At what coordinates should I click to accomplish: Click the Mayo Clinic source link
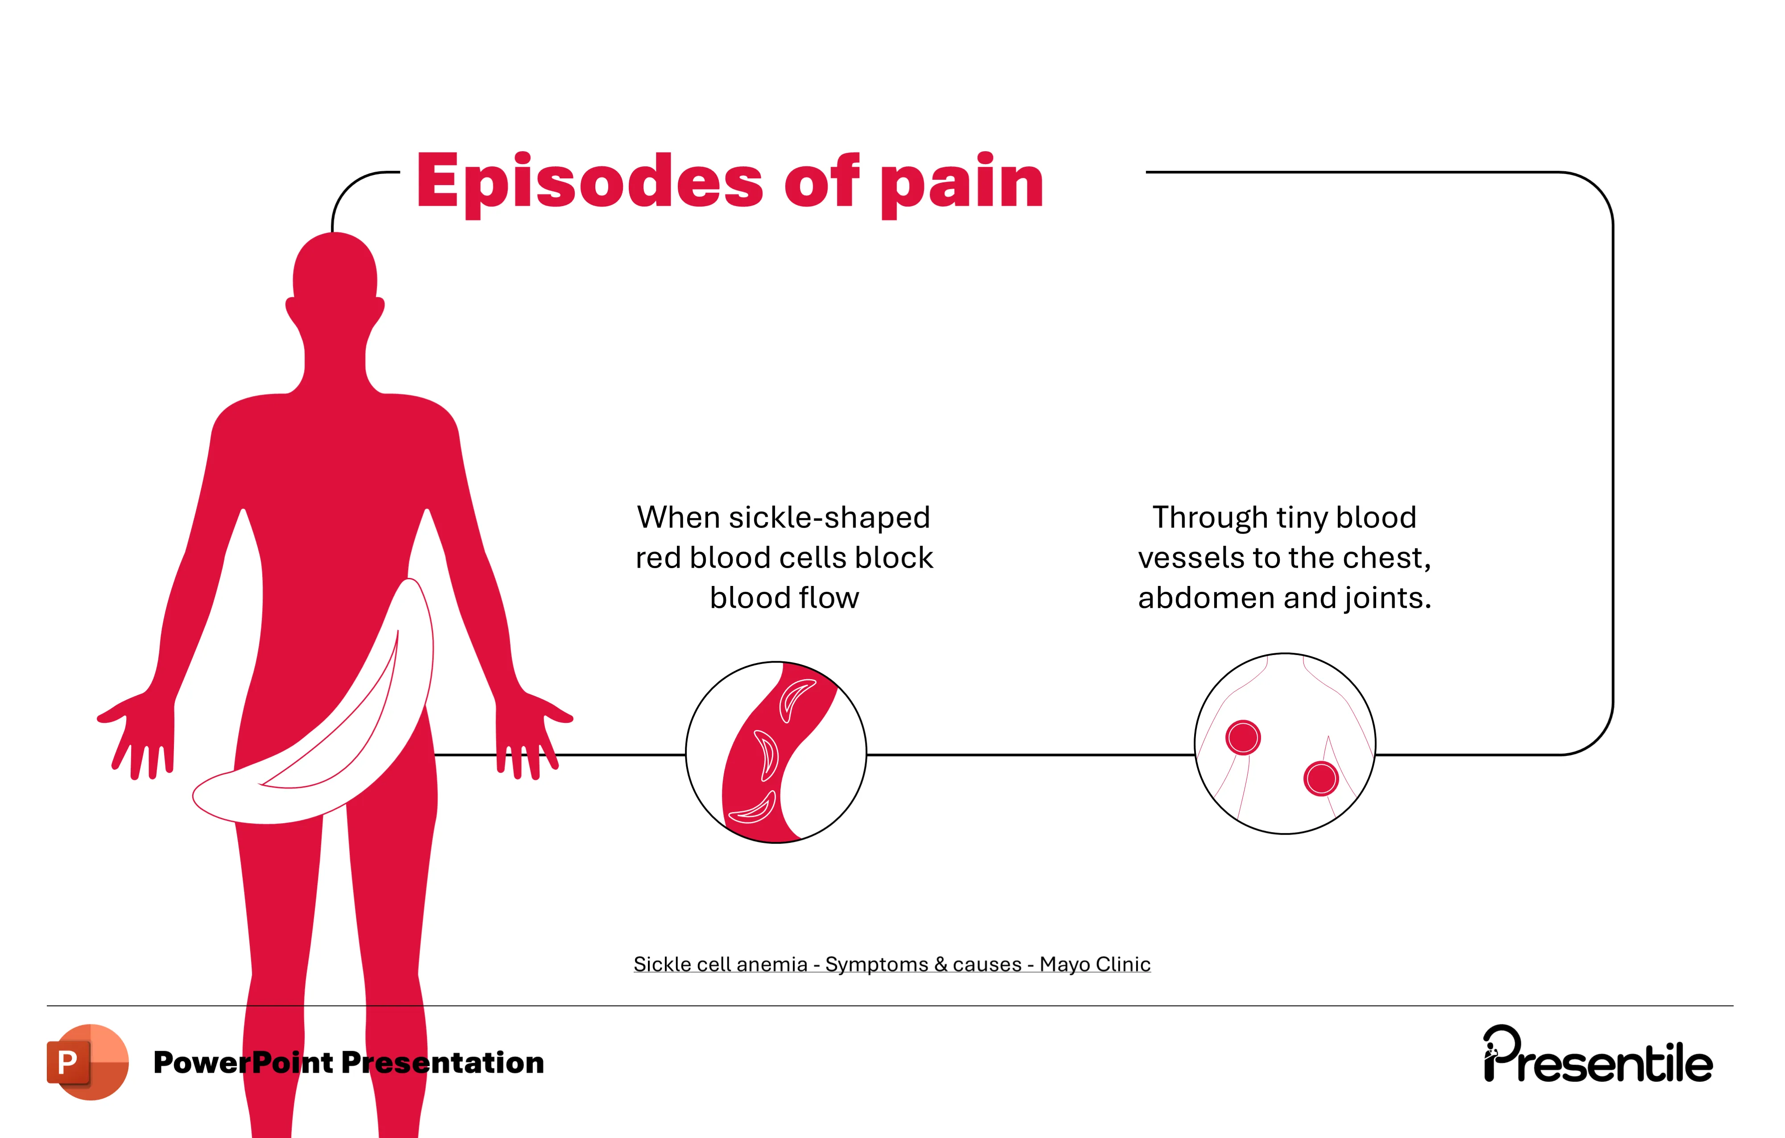[892, 964]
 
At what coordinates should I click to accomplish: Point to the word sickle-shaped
[829, 517]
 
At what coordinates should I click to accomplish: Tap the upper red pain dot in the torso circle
[1243, 737]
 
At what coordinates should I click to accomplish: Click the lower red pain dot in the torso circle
[1321, 779]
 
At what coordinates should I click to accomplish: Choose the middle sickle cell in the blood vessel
[768, 754]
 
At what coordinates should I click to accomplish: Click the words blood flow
[784, 598]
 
